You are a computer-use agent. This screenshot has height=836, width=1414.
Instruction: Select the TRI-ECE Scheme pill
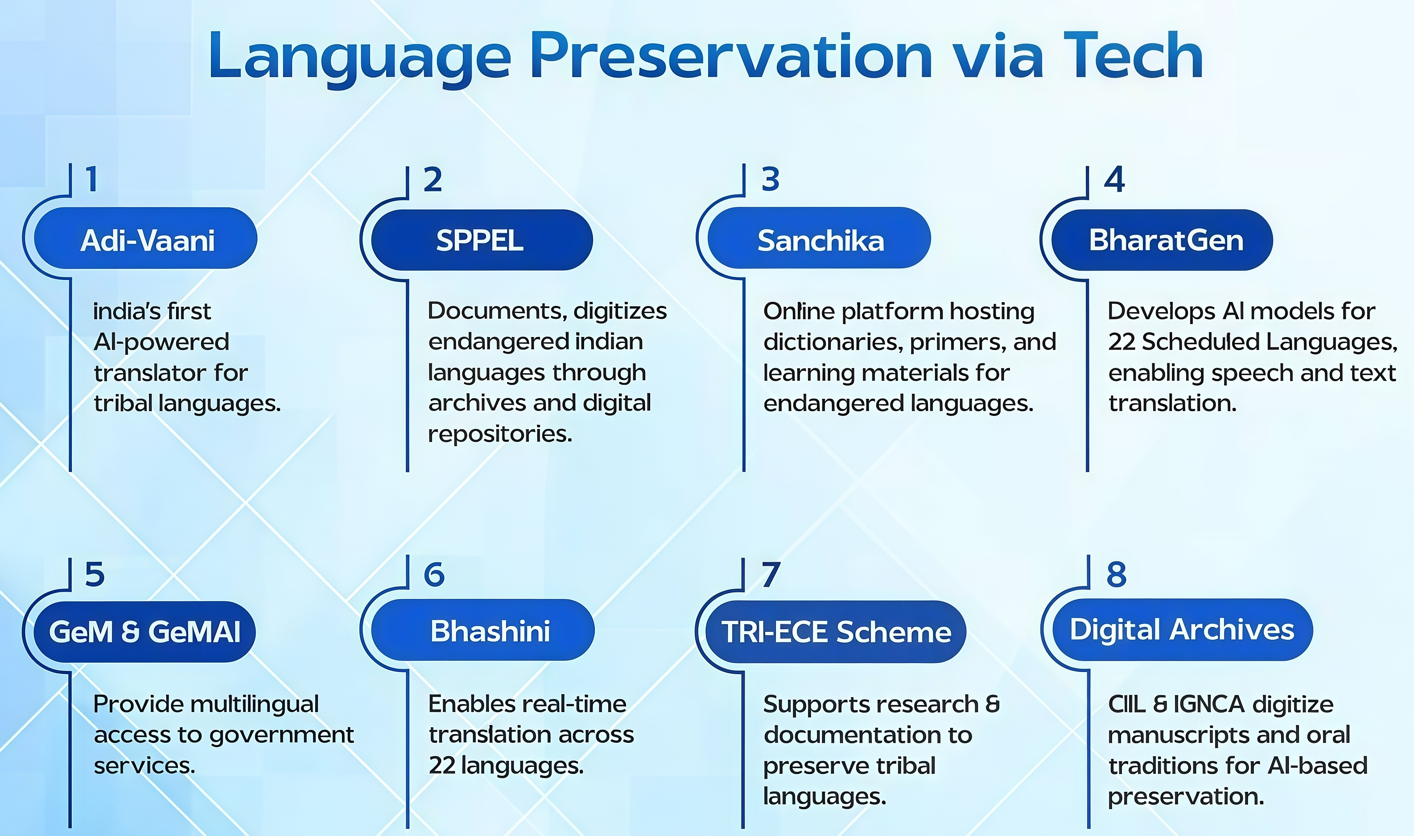836,631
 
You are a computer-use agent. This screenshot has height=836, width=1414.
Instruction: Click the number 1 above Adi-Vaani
92,179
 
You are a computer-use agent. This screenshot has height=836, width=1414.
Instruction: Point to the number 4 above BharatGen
1114,180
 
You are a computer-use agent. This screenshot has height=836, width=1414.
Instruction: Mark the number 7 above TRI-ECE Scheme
771,575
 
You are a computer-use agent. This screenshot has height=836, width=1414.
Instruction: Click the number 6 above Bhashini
434,575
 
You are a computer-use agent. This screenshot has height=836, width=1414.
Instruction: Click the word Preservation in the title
731,56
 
